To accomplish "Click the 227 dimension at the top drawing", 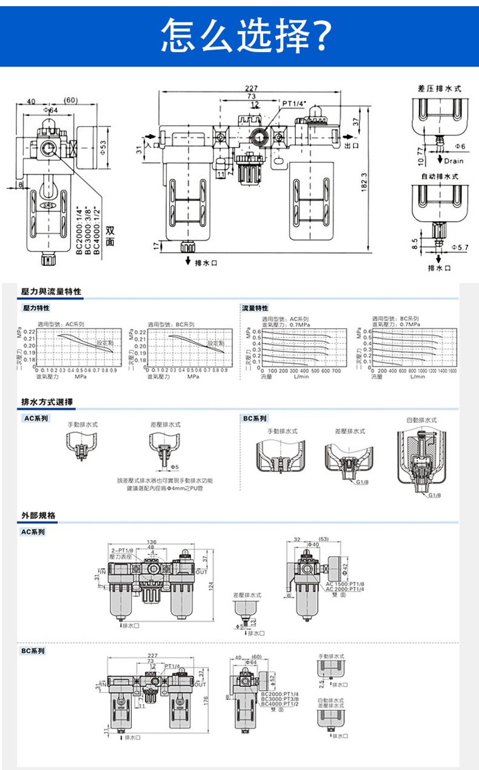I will pyautogui.click(x=252, y=88).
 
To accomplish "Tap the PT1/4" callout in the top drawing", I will pyautogui.click(x=294, y=104).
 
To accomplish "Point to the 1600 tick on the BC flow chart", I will pyautogui.click(x=452, y=370).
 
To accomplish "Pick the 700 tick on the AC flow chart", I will pyautogui.click(x=336, y=370).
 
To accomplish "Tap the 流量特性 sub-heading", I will pyautogui.click(x=255, y=308).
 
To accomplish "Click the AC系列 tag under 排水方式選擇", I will pyautogui.click(x=36, y=418).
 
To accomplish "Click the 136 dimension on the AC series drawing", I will pyautogui.click(x=151, y=542).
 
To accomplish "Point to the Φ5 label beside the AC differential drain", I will pyautogui.click(x=173, y=467).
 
